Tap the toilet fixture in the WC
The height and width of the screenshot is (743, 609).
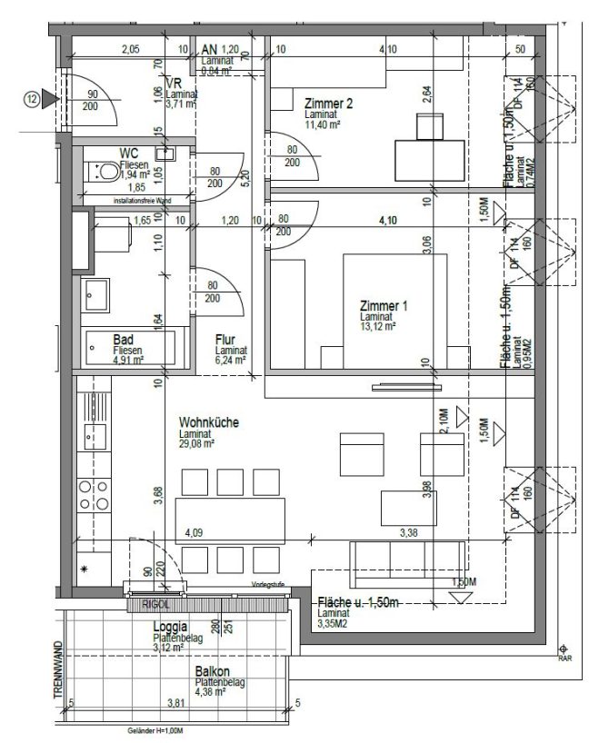104,170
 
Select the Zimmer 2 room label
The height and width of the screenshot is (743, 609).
329,104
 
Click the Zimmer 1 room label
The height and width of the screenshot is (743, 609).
384,306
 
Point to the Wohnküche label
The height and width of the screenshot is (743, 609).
208,422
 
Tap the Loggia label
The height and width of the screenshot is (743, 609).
171,627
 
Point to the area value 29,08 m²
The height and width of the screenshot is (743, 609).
197,444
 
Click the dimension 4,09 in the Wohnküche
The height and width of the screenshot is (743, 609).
195,532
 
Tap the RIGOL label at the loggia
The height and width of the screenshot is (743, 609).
145,601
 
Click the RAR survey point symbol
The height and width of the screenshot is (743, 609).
564,649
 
